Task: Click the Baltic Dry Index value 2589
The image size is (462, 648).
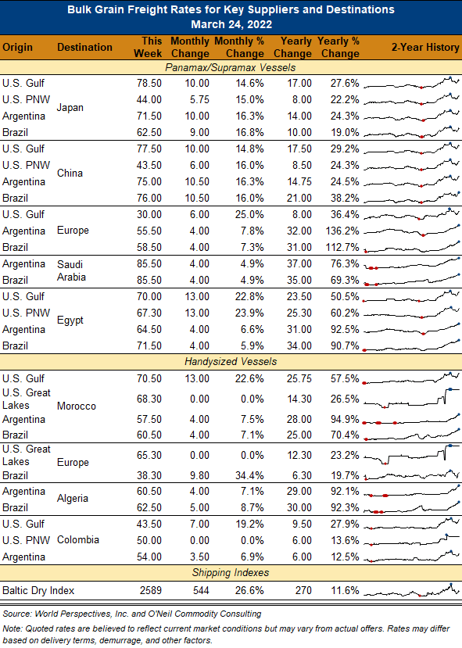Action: click(x=150, y=590)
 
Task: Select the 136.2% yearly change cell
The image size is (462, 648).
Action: click(x=342, y=231)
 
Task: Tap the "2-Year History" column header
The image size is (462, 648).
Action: click(x=425, y=47)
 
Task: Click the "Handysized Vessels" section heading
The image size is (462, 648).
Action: click(x=231, y=362)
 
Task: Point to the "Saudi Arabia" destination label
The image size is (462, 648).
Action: click(x=71, y=270)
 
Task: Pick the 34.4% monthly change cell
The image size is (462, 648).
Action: click(x=249, y=475)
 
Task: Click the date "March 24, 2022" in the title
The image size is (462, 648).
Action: click(x=231, y=24)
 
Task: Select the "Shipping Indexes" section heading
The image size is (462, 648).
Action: click(x=231, y=572)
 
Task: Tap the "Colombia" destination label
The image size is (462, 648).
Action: click(x=78, y=539)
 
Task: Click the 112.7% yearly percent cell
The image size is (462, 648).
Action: click(x=342, y=247)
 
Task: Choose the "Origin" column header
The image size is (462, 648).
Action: click(x=17, y=47)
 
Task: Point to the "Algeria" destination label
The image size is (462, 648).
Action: click(x=73, y=499)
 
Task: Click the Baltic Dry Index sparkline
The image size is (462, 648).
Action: click(x=412, y=590)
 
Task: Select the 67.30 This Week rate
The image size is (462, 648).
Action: click(x=149, y=313)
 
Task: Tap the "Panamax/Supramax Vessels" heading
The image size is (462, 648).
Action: click(x=231, y=67)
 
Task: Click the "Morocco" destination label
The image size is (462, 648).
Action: click(x=77, y=406)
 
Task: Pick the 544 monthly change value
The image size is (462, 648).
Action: click(x=201, y=590)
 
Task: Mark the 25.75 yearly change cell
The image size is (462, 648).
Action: click(x=299, y=378)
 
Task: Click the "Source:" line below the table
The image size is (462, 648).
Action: click(x=132, y=614)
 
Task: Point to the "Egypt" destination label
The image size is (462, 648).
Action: click(x=70, y=320)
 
